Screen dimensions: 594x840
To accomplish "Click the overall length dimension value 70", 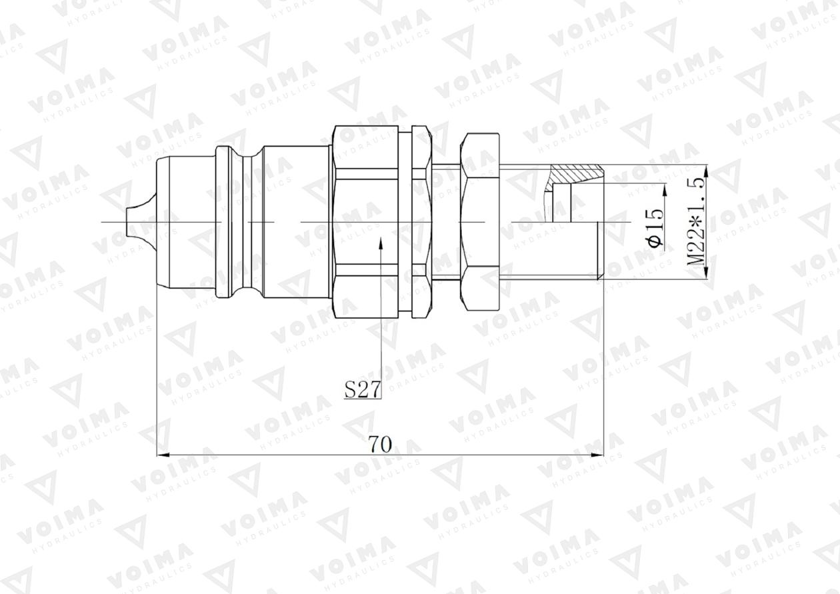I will (x=380, y=443).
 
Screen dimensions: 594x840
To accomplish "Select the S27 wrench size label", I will (x=363, y=389).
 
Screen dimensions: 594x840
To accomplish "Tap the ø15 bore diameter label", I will (x=656, y=227).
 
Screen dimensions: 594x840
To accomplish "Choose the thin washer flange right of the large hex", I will (x=419, y=220).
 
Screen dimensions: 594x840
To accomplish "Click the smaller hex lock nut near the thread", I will (x=479, y=220).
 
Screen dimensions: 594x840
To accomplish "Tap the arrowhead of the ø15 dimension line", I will (x=664, y=191).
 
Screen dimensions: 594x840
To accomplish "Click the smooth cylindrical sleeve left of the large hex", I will (x=297, y=221).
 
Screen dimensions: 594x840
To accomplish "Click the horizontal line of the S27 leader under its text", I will (x=363, y=399).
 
